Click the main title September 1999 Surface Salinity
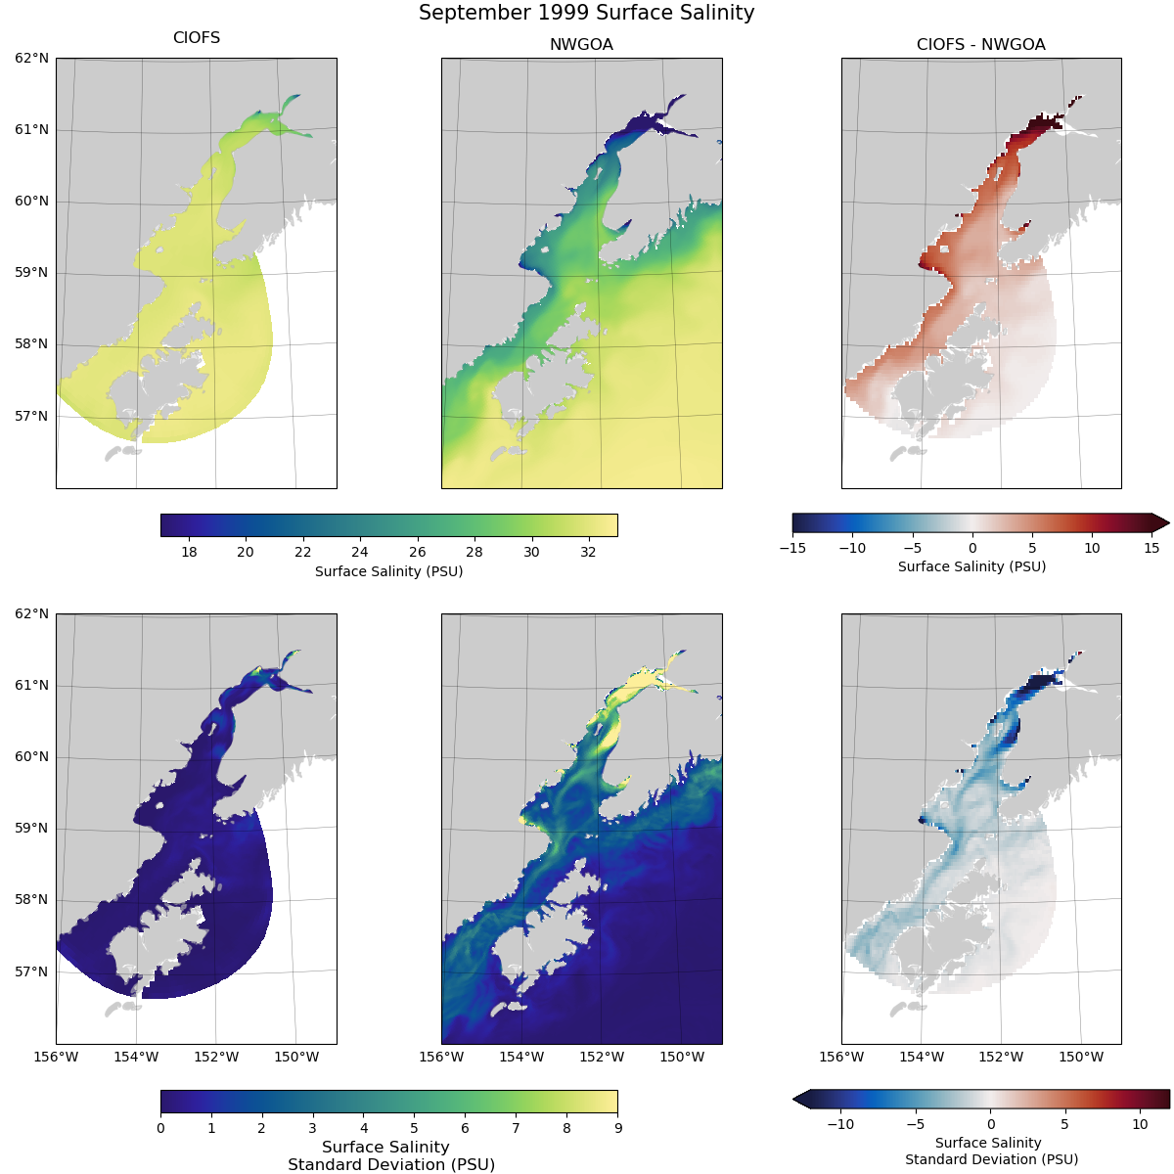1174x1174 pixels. click(x=586, y=13)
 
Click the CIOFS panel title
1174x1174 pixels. click(x=197, y=38)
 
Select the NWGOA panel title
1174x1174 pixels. click(x=581, y=45)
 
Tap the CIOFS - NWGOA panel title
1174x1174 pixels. click(x=980, y=45)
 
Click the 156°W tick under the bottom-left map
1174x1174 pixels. click(x=56, y=1057)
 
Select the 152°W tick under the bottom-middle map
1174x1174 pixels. click(x=602, y=1057)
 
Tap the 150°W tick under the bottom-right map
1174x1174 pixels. click(x=1081, y=1057)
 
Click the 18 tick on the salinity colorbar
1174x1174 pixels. click(x=189, y=552)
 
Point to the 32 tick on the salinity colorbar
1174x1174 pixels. click(x=588, y=552)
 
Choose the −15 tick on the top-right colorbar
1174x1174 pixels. click(x=792, y=548)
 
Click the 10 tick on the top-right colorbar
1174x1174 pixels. click(x=1092, y=548)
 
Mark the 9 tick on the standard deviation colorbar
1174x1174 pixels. click(x=617, y=1128)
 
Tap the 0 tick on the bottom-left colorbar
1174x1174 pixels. click(x=160, y=1128)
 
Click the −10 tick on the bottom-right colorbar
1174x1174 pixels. click(x=840, y=1125)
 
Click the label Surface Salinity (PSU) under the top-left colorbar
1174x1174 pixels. click(x=388, y=571)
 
